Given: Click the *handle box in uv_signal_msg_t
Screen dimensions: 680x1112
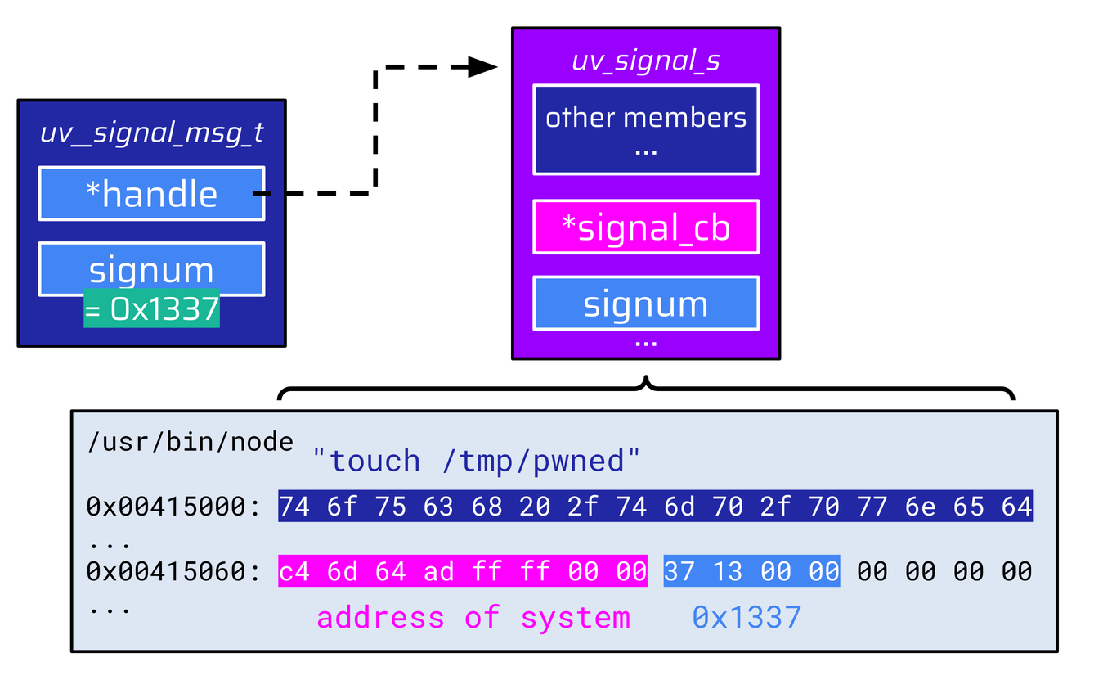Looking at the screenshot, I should pos(151,194).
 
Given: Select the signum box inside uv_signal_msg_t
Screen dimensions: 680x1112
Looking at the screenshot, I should pos(151,269).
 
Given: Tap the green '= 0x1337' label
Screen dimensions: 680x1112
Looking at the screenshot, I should pos(151,310).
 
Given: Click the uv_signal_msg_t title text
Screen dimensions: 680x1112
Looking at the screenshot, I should pos(151,133).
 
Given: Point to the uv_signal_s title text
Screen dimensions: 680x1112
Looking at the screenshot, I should pos(645,61).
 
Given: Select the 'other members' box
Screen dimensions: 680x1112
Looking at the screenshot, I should pos(645,129).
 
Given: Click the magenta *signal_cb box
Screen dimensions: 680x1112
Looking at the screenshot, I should pos(645,227).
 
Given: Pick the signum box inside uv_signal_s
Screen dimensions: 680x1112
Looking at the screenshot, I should pos(645,304).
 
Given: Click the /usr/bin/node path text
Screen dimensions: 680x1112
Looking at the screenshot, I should pos(190,442).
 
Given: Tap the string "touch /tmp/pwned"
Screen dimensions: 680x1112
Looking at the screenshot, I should pos(476,461).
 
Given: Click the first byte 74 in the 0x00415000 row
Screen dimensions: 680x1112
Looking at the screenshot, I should pos(294,507).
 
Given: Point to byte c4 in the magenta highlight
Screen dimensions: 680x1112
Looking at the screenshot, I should pos(294,571).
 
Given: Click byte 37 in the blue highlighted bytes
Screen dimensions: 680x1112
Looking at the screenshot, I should pos(679,571).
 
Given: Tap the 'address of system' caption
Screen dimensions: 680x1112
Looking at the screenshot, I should pos(473,617).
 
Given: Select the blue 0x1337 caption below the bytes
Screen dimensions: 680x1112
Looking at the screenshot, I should pos(747,617).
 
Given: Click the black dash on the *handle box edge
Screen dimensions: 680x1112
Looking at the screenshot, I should pos(262,194).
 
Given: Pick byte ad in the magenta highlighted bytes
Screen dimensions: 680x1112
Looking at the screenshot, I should pos(438,571).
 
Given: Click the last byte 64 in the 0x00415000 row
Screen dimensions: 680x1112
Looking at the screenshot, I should pos(1016,507).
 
